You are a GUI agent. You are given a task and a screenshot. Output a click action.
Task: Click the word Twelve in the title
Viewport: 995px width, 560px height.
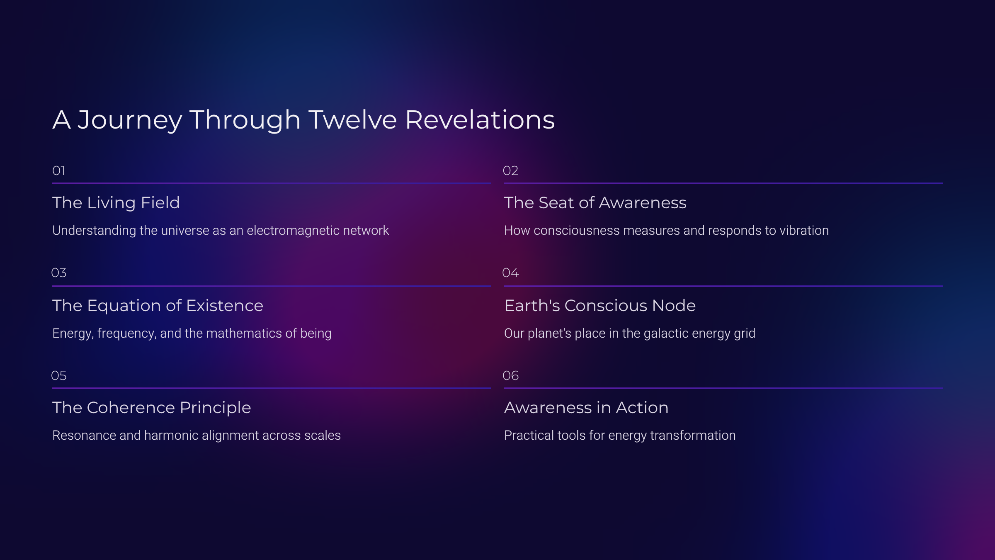(x=352, y=120)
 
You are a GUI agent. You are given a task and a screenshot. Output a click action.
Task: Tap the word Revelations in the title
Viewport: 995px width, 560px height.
(x=480, y=120)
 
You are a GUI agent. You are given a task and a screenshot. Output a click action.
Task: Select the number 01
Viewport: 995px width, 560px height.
(x=58, y=170)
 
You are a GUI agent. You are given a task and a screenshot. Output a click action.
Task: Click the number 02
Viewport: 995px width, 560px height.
(x=510, y=170)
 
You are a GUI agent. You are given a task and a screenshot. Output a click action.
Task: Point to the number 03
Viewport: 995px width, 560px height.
(x=58, y=273)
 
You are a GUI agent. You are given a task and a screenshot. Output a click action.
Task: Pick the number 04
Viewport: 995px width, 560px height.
(x=510, y=273)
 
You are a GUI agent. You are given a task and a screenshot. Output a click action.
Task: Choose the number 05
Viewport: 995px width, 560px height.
(x=58, y=375)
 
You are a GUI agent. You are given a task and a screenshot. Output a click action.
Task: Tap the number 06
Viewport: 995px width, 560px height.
(x=510, y=375)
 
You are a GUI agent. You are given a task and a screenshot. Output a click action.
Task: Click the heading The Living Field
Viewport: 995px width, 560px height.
(x=116, y=203)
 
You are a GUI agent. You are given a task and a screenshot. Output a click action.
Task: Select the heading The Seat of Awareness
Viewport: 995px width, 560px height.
(x=595, y=203)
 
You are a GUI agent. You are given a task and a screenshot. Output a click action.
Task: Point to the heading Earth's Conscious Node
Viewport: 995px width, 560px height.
(x=600, y=306)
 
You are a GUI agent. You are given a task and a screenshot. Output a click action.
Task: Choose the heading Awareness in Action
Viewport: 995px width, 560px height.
(x=586, y=408)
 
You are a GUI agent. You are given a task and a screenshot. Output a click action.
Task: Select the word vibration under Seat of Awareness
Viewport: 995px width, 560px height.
(x=804, y=230)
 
